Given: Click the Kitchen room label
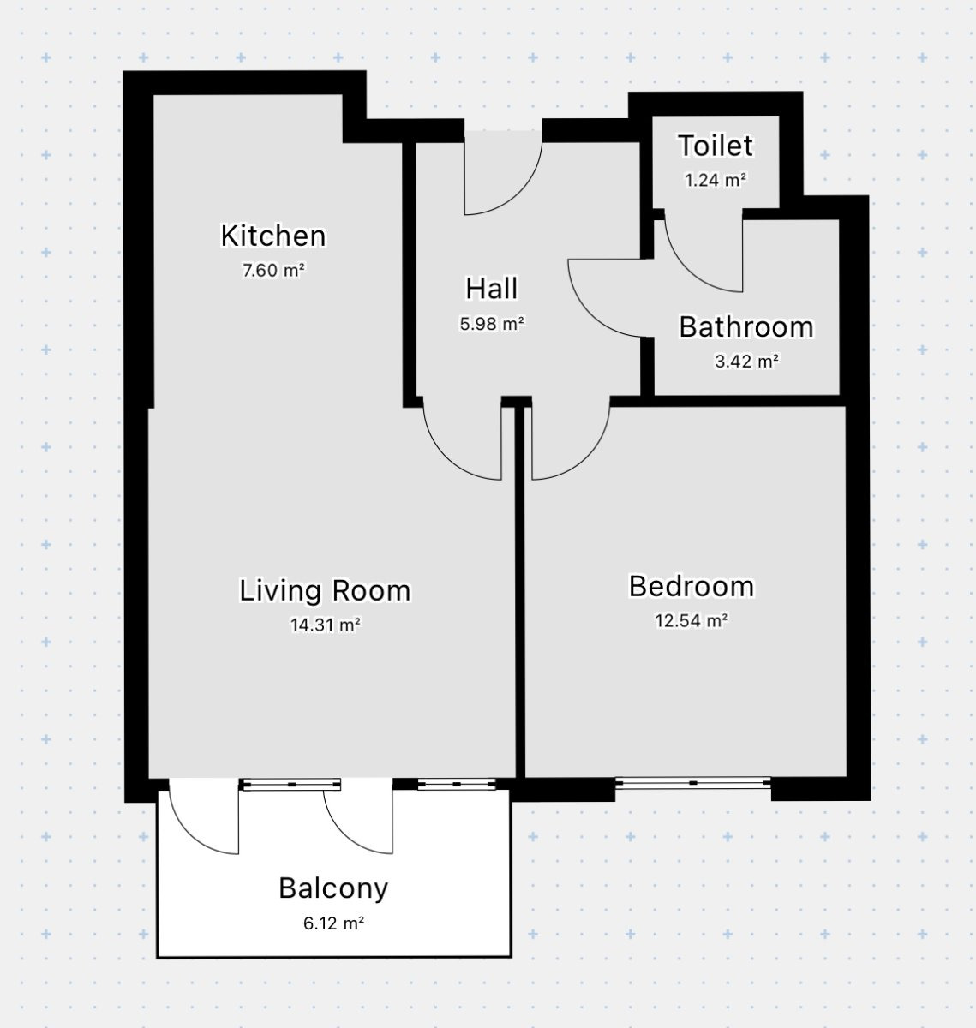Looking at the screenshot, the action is tap(273, 236).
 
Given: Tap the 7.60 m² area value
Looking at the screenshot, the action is tap(273, 271).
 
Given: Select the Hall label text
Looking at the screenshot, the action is tap(492, 289).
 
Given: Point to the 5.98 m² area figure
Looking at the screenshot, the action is tap(492, 324).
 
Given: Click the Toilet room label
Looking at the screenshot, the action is tap(716, 146).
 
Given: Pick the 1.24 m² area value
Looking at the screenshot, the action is tap(716, 181).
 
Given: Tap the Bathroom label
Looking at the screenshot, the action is tap(746, 326).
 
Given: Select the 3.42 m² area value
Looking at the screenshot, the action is tap(747, 362).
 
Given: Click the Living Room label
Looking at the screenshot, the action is tap(325, 591).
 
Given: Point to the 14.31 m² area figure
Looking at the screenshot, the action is tap(326, 625).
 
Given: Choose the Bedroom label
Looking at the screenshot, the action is tap(692, 586).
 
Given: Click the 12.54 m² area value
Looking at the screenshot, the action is tap(692, 621).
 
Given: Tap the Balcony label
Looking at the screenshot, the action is tap(333, 888).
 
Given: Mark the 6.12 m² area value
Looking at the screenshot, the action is tap(333, 923).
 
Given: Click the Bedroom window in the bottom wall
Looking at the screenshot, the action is tap(693, 783).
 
